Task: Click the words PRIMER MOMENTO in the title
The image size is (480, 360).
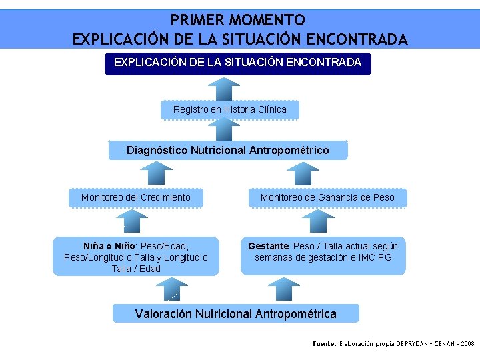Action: (x=238, y=20)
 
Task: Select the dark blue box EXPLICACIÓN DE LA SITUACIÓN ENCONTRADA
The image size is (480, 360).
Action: (x=237, y=63)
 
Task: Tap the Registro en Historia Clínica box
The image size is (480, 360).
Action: (x=229, y=109)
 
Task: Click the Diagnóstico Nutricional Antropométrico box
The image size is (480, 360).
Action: (x=227, y=150)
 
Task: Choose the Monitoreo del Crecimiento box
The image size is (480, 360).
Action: (x=135, y=197)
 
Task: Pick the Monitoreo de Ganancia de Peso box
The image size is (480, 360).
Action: (x=327, y=197)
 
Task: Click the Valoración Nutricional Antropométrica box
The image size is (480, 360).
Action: (x=235, y=313)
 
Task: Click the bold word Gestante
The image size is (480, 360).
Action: (x=269, y=246)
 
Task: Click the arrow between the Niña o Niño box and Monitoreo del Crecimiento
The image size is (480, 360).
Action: (x=135, y=222)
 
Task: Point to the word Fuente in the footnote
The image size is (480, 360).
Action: (x=324, y=344)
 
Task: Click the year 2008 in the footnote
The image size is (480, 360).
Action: (x=467, y=344)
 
